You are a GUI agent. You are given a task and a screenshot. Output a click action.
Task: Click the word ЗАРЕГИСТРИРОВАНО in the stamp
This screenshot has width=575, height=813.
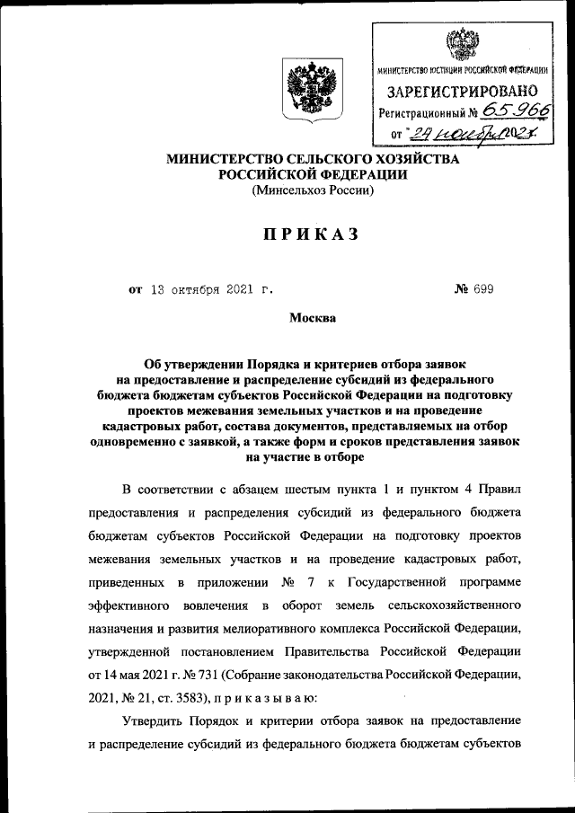(x=462, y=91)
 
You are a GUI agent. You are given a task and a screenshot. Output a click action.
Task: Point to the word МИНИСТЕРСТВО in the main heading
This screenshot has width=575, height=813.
(x=235, y=158)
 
